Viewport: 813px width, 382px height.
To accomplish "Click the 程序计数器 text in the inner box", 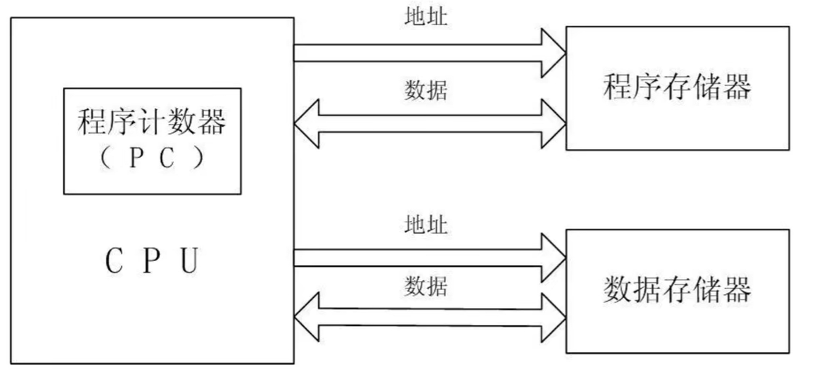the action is (x=152, y=122).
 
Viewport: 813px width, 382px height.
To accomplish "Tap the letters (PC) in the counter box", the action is (x=152, y=158).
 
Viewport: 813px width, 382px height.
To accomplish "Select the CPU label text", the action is (x=152, y=260).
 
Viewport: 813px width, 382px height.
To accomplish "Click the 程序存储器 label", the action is (x=677, y=86).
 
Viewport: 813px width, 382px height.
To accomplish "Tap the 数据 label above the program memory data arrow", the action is (x=426, y=90).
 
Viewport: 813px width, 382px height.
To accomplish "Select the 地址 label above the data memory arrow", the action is (x=426, y=224).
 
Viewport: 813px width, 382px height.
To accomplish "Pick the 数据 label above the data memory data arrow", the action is (x=426, y=286).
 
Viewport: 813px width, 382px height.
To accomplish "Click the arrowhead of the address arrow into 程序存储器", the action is (x=553, y=53).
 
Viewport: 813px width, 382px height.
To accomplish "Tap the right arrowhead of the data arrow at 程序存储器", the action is (x=553, y=124).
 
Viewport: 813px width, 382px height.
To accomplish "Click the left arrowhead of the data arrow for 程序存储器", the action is (x=307, y=124).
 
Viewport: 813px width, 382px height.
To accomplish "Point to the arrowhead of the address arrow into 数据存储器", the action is (x=553, y=258).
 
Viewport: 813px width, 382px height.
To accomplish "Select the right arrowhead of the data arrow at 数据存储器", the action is (x=553, y=318).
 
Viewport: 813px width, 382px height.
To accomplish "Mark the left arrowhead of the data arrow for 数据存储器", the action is (x=307, y=317).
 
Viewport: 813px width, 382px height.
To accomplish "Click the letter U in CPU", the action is (x=189, y=260).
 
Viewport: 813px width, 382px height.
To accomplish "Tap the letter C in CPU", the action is (x=114, y=260).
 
